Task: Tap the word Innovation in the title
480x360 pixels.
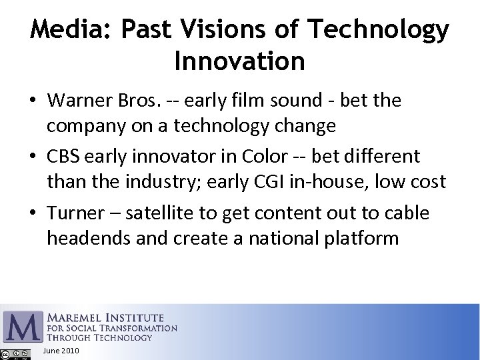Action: click(239, 61)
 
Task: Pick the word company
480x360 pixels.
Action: click(83, 125)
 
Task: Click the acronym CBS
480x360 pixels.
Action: click(63, 157)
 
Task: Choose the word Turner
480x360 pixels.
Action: click(75, 213)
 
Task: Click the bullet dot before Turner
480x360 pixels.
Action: click(33, 213)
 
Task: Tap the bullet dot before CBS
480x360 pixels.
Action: click(33, 157)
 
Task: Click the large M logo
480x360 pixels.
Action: click(22, 326)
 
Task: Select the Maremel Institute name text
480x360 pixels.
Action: click(105, 317)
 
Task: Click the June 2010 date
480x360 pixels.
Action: click(60, 351)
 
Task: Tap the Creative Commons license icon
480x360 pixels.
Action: click(15, 354)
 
